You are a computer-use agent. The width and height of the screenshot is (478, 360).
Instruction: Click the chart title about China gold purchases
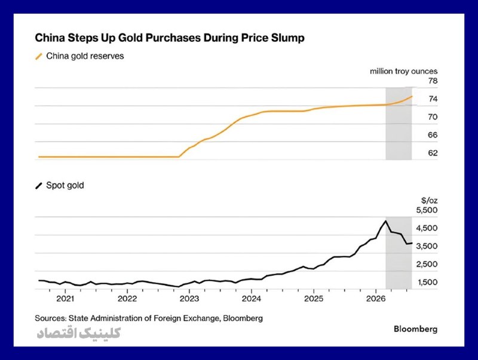point(170,38)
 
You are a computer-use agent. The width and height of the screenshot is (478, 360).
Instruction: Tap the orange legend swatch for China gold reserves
point(39,56)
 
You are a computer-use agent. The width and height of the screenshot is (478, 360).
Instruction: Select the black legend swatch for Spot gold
point(39,185)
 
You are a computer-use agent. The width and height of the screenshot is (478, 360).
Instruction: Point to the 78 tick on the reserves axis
point(433,81)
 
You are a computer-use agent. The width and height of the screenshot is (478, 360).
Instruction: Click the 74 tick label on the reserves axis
point(433,99)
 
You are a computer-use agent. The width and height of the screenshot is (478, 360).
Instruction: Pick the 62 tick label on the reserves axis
point(433,153)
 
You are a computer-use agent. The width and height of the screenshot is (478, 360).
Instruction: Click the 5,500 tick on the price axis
point(427,210)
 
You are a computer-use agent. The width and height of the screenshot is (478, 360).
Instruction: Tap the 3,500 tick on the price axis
point(427,246)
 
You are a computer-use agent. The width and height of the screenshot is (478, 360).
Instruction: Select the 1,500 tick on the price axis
point(427,282)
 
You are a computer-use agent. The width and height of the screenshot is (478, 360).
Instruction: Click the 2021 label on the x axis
point(65,298)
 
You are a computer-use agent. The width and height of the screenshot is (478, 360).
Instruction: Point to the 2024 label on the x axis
point(251,298)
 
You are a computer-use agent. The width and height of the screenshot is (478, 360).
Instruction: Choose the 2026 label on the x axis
point(376,298)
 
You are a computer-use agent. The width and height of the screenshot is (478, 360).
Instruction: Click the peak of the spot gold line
point(385,221)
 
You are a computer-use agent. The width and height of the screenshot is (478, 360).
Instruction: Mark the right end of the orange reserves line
point(412,96)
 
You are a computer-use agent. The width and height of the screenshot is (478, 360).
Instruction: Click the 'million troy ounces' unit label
point(404,71)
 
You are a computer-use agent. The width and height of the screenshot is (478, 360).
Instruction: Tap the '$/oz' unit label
point(429,200)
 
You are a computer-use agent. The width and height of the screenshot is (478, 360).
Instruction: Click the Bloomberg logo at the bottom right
point(415,329)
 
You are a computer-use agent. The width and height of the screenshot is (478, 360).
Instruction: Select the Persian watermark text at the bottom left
point(79,333)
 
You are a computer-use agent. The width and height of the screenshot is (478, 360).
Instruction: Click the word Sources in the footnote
point(50,318)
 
